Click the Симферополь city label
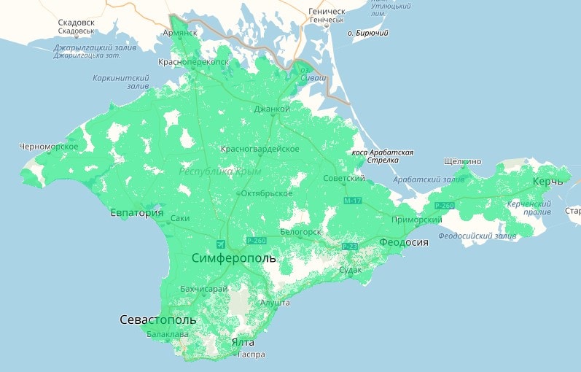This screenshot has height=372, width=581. [x=233, y=258]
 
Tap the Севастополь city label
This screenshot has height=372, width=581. [x=158, y=320]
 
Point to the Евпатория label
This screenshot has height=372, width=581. [x=136, y=213]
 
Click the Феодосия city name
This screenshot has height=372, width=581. [x=404, y=242]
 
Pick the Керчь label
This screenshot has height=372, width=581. [x=547, y=180]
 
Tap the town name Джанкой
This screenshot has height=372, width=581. [x=271, y=109]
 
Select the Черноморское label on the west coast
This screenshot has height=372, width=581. [x=49, y=147]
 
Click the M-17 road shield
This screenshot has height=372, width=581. [x=353, y=200]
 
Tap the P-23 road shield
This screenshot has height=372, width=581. [x=349, y=247]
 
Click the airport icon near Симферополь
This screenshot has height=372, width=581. [x=221, y=243]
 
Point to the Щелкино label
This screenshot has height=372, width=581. [x=462, y=161]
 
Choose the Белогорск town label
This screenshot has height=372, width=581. [x=300, y=231]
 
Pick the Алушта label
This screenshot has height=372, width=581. [x=276, y=302]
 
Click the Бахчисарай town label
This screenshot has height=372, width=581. [x=204, y=290]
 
